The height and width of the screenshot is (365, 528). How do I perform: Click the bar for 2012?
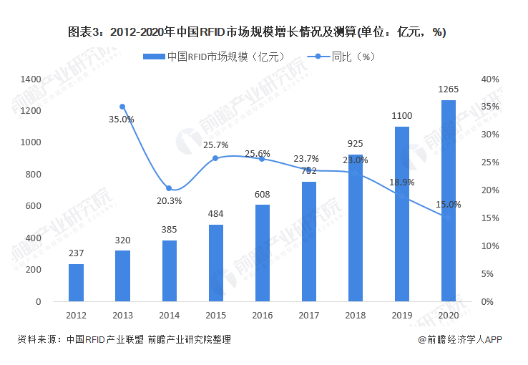tap(76, 283)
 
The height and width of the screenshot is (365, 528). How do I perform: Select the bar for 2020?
tap(449, 201)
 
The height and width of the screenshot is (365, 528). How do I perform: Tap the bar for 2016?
tap(262, 253)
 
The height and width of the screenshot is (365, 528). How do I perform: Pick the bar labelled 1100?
tap(402, 214)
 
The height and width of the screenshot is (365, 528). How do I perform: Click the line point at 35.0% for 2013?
tap(122, 107)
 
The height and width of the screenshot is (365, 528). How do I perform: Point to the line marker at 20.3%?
tap(169, 189)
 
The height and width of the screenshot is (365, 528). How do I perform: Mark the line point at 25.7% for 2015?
tap(215, 158)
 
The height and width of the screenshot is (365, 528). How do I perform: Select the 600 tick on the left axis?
tap(34, 206)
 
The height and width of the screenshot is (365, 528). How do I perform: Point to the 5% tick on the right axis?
tap(487, 274)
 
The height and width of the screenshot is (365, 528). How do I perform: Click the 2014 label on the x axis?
tap(169, 315)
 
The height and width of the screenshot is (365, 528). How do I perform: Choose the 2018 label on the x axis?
tap(356, 315)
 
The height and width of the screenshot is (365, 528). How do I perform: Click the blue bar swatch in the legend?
tap(153, 56)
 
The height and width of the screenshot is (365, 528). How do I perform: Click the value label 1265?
tap(449, 89)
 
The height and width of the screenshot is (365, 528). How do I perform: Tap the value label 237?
tap(76, 253)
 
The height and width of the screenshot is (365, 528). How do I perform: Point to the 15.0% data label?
tap(449, 205)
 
